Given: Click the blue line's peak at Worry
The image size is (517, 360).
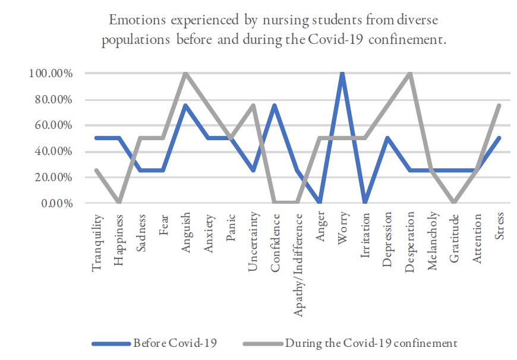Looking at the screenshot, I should tap(342, 74).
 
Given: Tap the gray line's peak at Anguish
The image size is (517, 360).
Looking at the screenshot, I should tap(185, 74).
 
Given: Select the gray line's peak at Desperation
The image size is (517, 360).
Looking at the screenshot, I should tap(410, 74).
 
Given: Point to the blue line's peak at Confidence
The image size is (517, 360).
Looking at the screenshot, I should tap(276, 106).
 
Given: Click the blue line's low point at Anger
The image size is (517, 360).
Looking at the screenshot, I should tap(320, 203).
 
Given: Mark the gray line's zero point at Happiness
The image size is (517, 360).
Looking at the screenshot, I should tap(119, 203).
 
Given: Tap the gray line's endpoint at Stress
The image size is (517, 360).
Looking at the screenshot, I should tap(500, 106).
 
